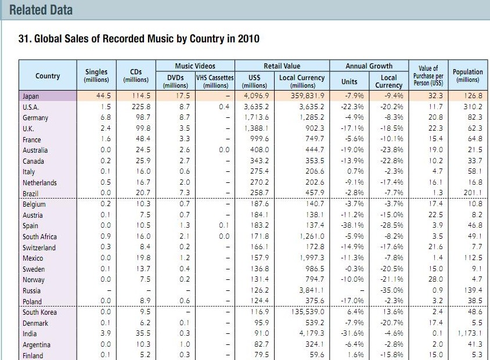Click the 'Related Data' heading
point(41,10)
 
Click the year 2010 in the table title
point(248,39)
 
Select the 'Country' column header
point(48,76)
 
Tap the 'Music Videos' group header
point(195,66)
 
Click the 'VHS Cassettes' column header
point(215,77)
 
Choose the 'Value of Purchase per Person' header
point(428,75)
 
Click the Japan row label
point(31,96)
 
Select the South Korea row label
point(39,312)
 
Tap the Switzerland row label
point(39,248)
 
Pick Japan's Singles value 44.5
point(103,96)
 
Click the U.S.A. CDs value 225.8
point(141,107)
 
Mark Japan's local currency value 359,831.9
point(308,96)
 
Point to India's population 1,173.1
point(470,333)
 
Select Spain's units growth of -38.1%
point(352,225)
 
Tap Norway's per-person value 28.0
point(435,279)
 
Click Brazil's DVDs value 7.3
point(185,193)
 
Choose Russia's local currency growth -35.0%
point(391,290)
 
